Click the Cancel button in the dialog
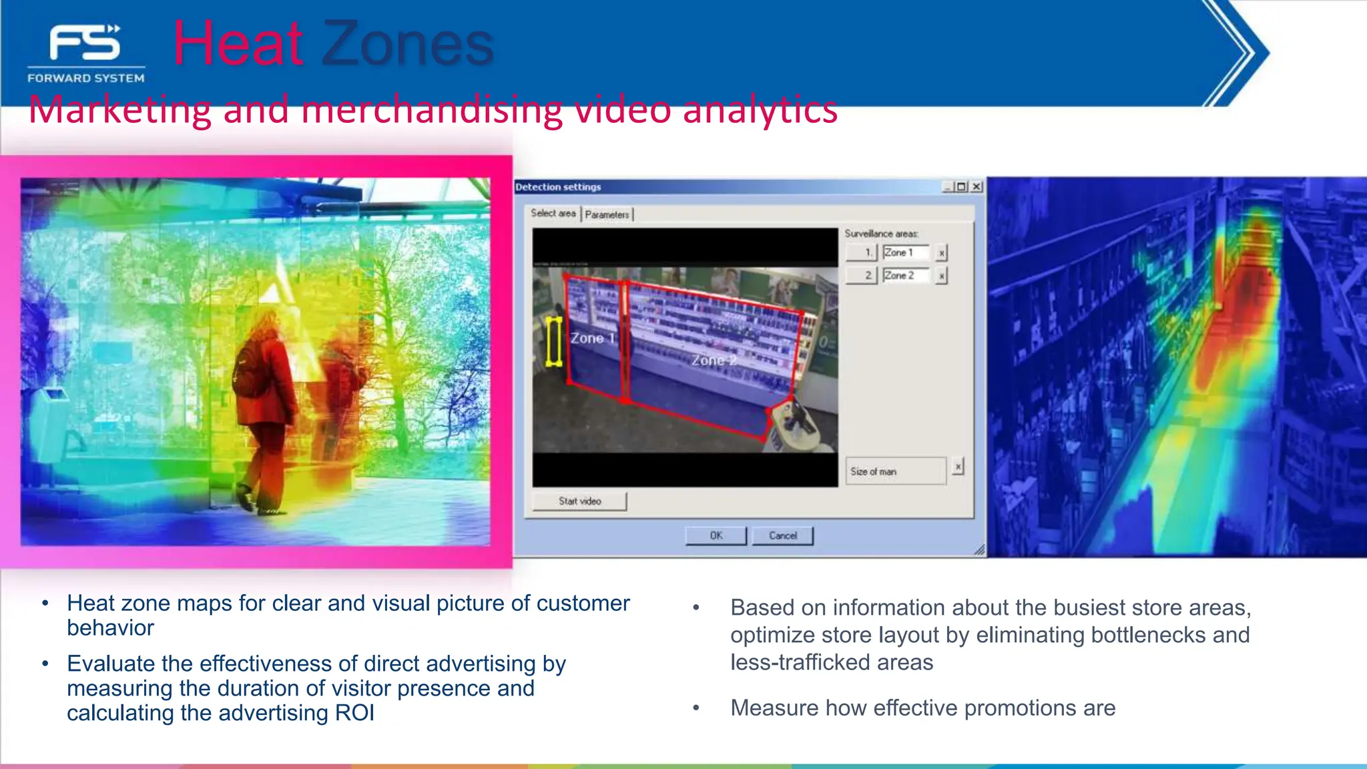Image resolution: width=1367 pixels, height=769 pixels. coord(782,535)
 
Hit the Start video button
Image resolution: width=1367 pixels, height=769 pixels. coord(579,501)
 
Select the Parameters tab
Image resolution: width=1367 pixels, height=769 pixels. coord(607,214)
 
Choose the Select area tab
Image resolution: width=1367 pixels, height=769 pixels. coord(553,213)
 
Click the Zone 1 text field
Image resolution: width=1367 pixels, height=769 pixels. coord(905,252)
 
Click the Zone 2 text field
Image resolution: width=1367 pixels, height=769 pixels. coord(905,275)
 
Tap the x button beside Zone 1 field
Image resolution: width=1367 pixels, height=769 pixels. coord(941,253)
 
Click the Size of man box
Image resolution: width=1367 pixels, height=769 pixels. coord(895,471)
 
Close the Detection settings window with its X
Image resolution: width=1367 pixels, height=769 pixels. coord(977,187)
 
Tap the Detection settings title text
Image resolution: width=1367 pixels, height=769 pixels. coord(558,187)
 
